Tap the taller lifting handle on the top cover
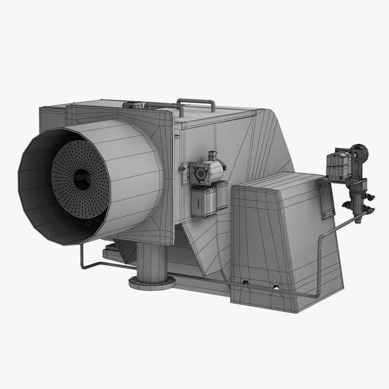coord(196,103)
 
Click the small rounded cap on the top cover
coord(133,105)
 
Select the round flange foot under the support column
coord(152,283)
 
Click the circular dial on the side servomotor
coord(200,174)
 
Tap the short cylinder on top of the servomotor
coord(212,157)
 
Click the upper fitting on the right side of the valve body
coord(370,197)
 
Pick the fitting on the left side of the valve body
coord(346,206)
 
